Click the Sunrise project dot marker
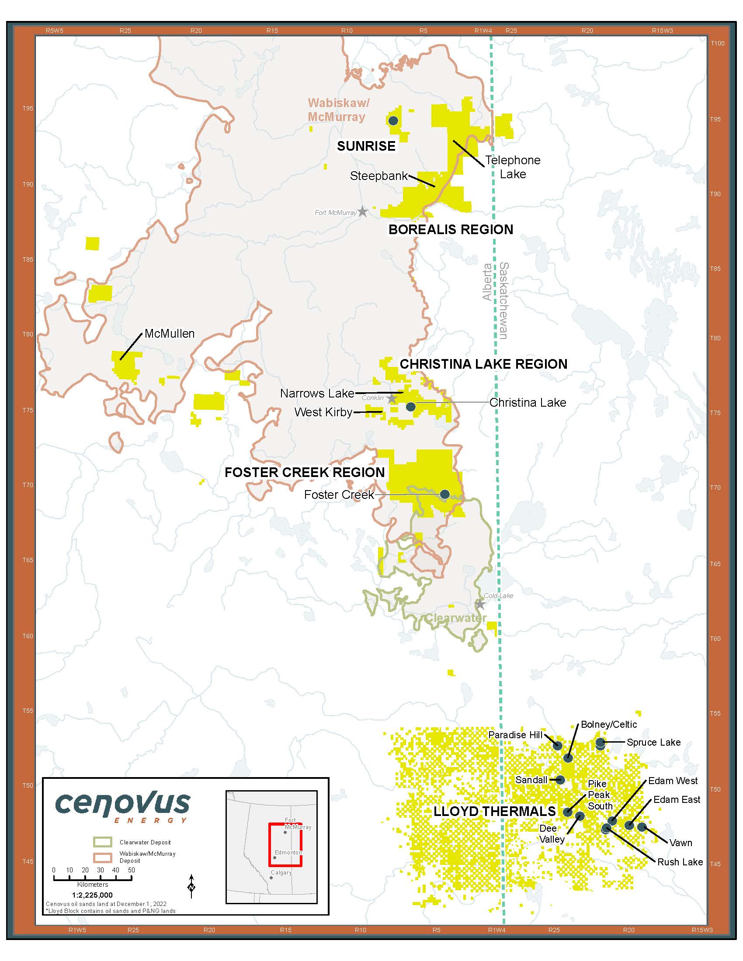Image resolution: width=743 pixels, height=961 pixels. click(x=393, y=121)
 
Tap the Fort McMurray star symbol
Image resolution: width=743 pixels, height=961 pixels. click(x=363, y=212)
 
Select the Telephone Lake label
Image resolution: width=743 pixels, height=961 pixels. click(x=513, y=167)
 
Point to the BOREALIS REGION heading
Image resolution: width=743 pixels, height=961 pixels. click(x=450, y=229)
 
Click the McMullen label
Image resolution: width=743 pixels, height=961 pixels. click(x=170, y=334)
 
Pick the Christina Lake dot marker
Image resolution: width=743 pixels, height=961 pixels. click(x=411, y=407)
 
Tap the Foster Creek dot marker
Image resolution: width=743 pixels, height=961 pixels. click(x=444, y=494)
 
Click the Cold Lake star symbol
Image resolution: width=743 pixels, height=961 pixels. click(x=480, y=605)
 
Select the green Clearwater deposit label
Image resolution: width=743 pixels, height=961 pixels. click(x=455, y=618)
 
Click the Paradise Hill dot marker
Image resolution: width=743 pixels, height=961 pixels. click(x=558, y=745)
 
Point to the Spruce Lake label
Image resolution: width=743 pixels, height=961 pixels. click(x=653, y=743)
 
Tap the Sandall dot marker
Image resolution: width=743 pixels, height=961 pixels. click(x=560, y=780)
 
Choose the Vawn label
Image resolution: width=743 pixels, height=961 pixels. click(x=681, y=843)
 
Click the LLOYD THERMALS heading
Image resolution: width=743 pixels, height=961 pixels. click(x=494, y=812)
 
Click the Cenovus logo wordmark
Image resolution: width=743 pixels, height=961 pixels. click(x=123, y=803)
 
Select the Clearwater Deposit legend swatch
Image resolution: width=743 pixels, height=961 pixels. click(x=103, y=842)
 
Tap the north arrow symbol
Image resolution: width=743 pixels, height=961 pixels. click(x=191, y=885)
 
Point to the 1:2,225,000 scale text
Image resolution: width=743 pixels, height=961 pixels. click(x=92, y=895)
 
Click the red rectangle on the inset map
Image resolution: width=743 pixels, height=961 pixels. click(x=285, y=844)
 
